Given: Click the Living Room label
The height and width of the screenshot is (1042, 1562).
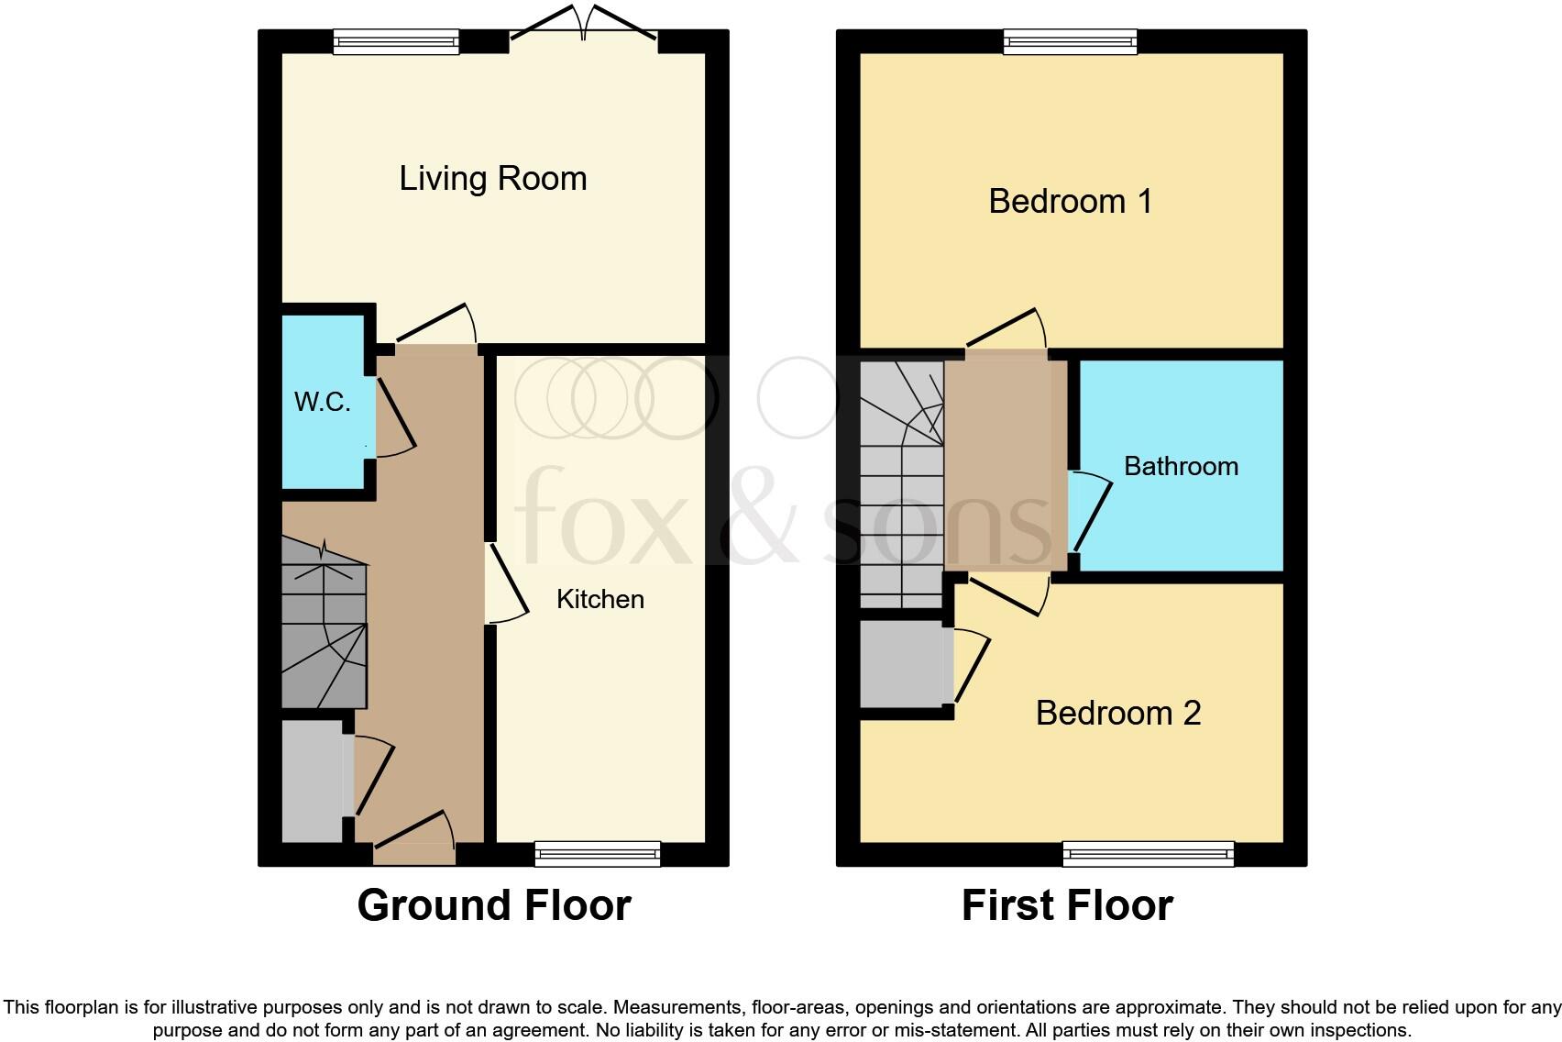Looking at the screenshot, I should click(492, 178).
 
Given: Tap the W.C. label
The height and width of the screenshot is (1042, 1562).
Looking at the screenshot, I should click(322, 402).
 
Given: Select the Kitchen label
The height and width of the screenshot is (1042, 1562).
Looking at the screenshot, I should click(600, 599).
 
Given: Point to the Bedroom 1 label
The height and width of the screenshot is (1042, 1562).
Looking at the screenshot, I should click(1070, 201).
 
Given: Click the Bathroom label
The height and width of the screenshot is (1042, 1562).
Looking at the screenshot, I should click(1181, 466).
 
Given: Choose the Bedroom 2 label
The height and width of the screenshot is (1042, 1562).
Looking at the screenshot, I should click(1117, 713).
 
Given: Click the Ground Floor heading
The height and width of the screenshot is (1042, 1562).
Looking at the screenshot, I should click(493, 905).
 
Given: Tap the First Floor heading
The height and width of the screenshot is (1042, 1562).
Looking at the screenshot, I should click(1067, 905).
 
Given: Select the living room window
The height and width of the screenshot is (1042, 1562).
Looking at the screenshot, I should click(395, 41).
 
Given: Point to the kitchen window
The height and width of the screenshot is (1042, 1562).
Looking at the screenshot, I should click(598, 854).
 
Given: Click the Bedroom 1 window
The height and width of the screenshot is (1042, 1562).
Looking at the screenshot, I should click(1070, 41).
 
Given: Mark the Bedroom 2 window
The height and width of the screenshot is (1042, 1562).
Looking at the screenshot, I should click(1148, 854).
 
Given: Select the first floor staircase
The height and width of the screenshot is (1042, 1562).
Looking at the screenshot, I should click(901, 486).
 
